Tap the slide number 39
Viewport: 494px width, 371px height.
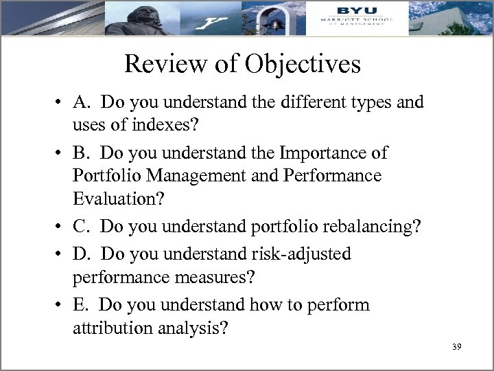pos(457,346)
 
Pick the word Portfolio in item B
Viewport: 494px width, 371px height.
pos(104,175)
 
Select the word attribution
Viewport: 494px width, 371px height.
pos(113,328)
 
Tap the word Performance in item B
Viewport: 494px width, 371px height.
pos(331,175)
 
